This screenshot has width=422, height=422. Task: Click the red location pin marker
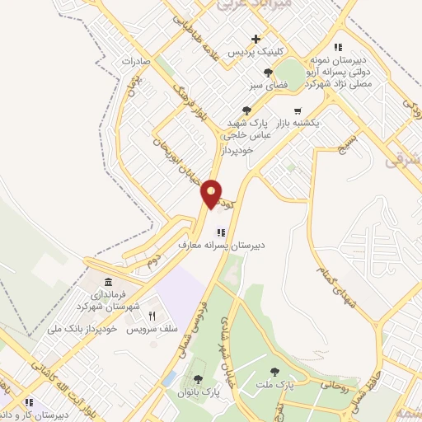(212, 193)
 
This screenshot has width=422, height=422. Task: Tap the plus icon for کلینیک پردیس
(256, 39)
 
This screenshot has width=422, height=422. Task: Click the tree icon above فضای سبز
(267, 73)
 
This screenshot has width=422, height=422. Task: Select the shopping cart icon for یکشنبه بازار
(298, 110)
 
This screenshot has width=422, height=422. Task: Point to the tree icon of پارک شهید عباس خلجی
(246, 110)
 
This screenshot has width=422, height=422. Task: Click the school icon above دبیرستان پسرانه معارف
(220, 232)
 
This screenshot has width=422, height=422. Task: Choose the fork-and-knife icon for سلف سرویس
(152, 316)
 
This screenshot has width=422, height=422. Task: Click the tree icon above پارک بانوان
(198, 379)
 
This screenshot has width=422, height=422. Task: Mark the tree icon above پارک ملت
(274, 372)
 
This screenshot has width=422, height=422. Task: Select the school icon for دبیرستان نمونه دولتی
(337, 47)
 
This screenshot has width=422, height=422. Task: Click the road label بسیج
(345, 146)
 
